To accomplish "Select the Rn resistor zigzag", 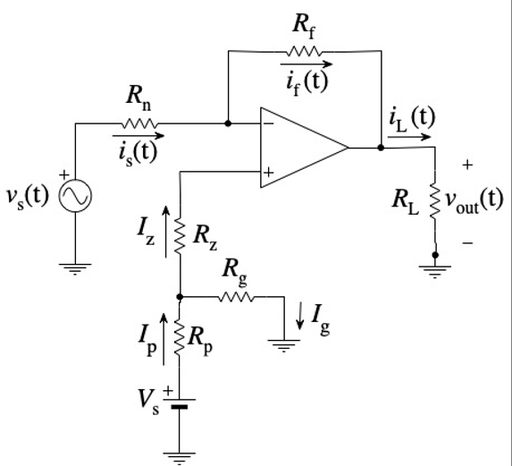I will (138, 123).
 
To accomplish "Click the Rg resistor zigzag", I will (235, 297).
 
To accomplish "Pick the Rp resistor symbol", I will (180, 338).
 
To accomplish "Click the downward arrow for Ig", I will (302, 313).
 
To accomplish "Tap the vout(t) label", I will (474, 199).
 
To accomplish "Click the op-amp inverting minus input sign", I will (268, 124).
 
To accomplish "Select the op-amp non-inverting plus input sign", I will (268, 171).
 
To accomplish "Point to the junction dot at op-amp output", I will (381, 148).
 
